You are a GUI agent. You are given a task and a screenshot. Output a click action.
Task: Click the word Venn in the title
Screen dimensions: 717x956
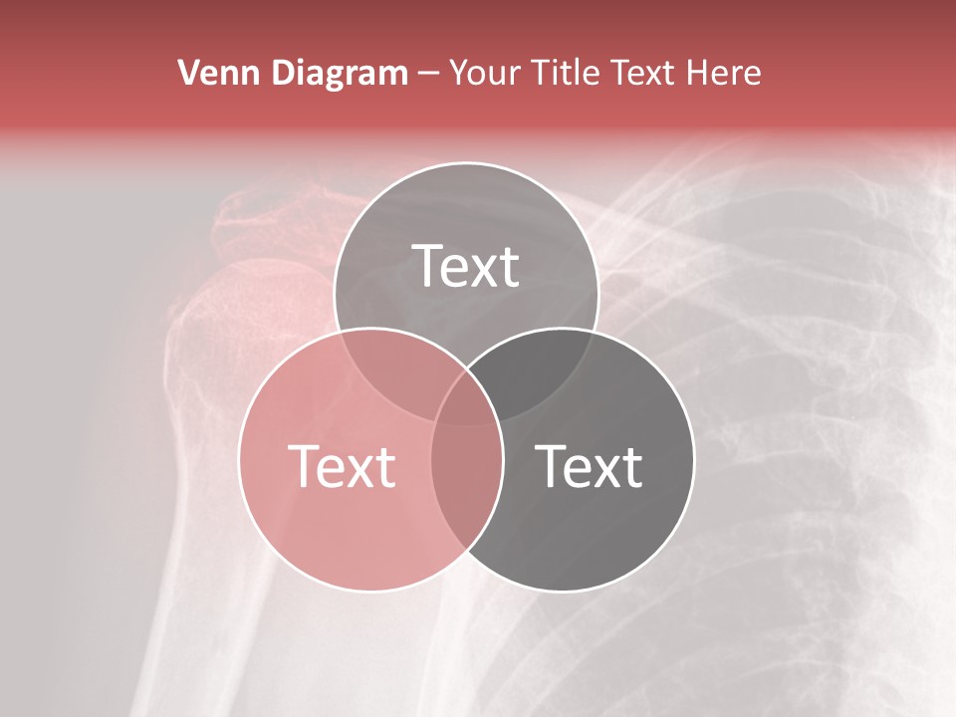pyautogui.click(x=211, y=73)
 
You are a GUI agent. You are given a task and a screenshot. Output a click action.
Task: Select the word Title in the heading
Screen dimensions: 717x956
pyautogui.click(x=565, y=73)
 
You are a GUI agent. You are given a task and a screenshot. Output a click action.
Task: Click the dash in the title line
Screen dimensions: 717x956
pyautogui.click(x=428, y=74)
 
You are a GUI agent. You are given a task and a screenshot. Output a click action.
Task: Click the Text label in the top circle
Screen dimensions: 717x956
pyautogui.click(x=466, y=266)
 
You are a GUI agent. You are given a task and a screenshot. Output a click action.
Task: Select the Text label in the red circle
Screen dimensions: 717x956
pyautogui.click(x=342, y=466)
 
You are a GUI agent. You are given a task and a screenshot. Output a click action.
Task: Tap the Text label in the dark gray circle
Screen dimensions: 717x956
pyautogui.click(x=590, y=466)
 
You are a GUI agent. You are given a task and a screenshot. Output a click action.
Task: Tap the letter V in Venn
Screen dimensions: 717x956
pyautogui.click(x=187, y=73)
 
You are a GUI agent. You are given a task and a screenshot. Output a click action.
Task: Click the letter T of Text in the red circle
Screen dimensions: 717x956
pyautogui.click(x=302, y=465)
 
